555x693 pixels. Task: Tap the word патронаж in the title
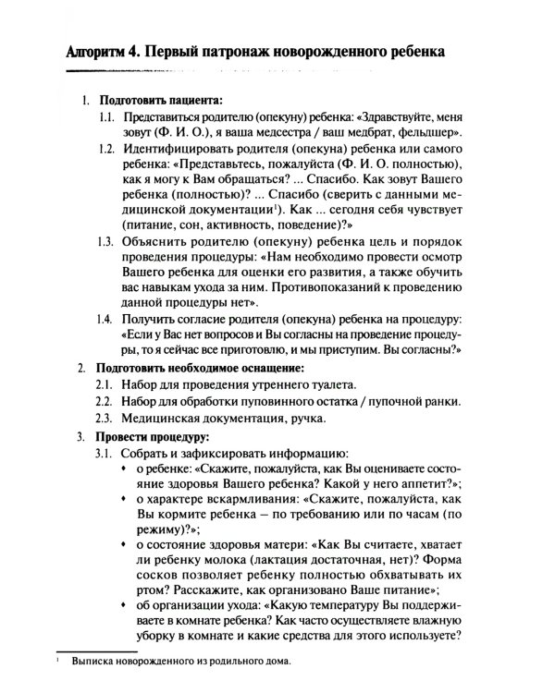tap(240, 52)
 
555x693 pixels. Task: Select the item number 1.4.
tap(107, 318)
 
